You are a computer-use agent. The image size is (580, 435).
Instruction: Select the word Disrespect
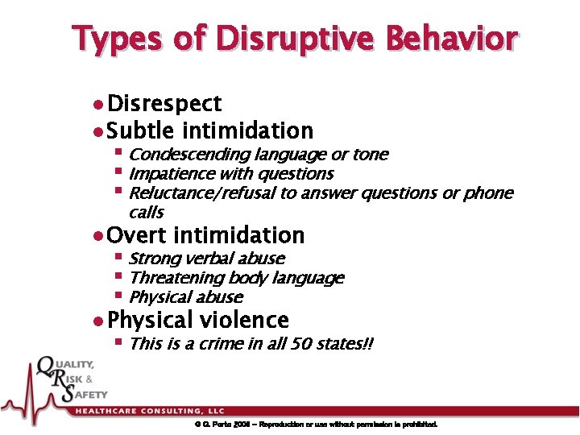tap(164, 104)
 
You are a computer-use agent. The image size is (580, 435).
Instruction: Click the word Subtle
tap(141, 130)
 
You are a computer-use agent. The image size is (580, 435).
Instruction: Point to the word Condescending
tap(189, 155)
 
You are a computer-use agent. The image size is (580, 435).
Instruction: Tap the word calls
tap(146, 213)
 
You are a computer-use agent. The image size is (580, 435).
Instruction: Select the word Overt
tap(136, 236)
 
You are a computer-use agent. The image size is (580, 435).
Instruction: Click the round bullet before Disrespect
tap(97, 105)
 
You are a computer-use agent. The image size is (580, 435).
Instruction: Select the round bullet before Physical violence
tap(97, 321)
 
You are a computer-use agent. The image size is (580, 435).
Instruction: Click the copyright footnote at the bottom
tap(315, 425)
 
